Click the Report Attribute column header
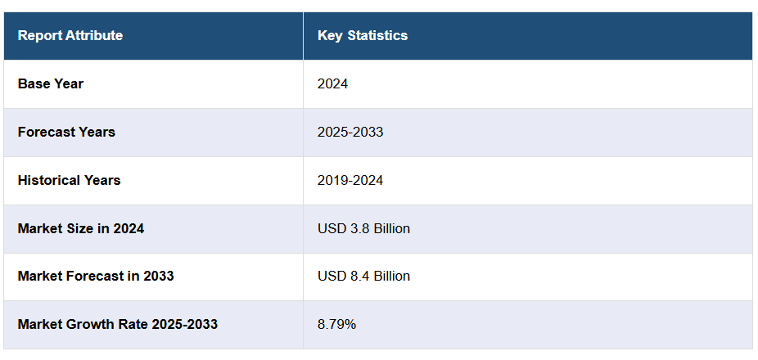click(x=70, y=35)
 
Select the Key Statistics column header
click(x=363, y=35)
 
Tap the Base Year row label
click(x=51, y=83)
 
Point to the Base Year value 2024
click(x=332, y=83)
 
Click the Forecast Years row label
click(x=66, y=132)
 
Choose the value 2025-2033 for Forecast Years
click(x=350, y=132)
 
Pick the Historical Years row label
click(x=69, y=180)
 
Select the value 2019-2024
click(x=350, y=180)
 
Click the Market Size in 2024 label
click(x=81, y=228)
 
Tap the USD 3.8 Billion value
click(x=363, y=228)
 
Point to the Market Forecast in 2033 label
click(x=96, y=276)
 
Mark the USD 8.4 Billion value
click(x=363, y=276)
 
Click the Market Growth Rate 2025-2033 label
click(x=118, y=324)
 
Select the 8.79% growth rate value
click(x=336, y=324)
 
